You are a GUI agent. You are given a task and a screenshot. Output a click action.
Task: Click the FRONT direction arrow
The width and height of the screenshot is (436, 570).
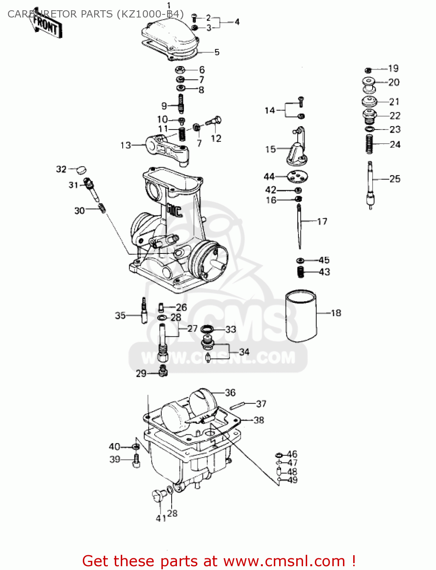click(46, 24)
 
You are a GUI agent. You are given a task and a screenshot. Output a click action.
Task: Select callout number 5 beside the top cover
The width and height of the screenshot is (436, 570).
click(217, 52)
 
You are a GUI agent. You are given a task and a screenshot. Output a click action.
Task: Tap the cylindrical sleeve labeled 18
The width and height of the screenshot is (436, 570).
click(301, 316)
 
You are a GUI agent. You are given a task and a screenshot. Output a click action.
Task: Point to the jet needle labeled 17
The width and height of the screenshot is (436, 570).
click(300, 226)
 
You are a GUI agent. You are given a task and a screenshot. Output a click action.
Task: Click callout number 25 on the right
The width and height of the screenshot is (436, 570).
click(395, 179)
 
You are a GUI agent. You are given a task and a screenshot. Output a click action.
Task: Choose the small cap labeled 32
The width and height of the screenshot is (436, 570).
click(81, 169)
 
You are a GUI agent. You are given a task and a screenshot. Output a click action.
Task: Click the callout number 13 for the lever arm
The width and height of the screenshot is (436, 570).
click(126, 145)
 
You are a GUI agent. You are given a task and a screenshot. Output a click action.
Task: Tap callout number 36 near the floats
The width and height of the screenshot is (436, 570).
click(230, 393)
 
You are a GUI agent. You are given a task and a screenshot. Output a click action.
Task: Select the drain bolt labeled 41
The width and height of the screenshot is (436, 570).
click(158, 496)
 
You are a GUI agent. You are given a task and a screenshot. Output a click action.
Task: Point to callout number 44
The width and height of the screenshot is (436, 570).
click(269, 176)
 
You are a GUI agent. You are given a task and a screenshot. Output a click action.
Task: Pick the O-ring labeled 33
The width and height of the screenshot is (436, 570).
click(207, 329)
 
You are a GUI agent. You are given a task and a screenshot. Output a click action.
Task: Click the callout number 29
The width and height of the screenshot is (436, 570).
click(141, 374)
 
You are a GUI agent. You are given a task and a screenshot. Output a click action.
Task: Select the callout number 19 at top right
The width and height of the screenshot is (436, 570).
click(393, 68)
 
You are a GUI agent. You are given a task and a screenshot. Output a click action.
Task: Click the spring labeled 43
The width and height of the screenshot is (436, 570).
click(301, 272)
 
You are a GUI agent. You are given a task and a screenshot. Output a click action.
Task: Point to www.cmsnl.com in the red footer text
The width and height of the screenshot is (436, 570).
click(284, 561)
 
